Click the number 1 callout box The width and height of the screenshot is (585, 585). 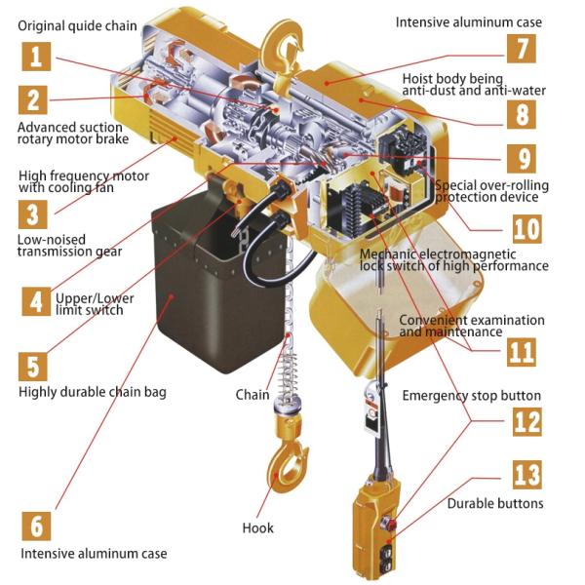tap(36, 57)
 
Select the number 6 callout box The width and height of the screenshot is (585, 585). tap(36, 526)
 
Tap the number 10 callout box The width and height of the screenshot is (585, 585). tap(526, 229)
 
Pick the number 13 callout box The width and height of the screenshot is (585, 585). tap(526, 475)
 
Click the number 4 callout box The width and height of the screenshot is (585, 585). tap(36, 301)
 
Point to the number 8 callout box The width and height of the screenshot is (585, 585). tap(522, 114)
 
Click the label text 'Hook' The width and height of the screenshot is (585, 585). tap(257, 527)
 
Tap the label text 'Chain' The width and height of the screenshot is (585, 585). tap(253, 395)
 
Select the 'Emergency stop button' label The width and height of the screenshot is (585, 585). tap(471, 396)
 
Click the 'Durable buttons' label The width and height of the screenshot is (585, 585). tap(495, 503)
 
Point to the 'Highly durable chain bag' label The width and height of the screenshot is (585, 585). tap(93, 392)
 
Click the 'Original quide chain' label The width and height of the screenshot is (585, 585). tap(77, 26)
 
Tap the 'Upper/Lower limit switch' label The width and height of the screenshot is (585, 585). tap(95, 304)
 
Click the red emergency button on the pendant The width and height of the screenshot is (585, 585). tap(388, 523)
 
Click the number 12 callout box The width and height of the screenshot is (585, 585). tap(526, 421)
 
